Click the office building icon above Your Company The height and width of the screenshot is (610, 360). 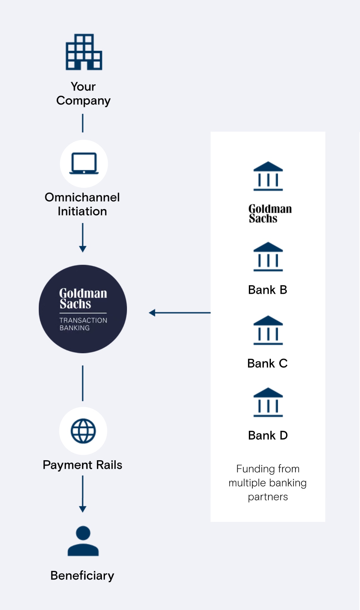[x=84, y=52]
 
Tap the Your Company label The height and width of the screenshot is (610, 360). [x=83, y=94]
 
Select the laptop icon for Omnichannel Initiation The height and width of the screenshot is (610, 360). [x=84, y=163]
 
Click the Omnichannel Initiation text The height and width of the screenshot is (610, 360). [x=82, y=204]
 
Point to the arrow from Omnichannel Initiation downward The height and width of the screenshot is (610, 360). [x=83, y=238]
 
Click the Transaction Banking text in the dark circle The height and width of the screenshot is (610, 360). [x=83, y=324]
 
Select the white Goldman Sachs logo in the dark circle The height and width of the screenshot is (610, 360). [x=83, y=298]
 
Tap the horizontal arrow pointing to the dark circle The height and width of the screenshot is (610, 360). [x=180, y=313]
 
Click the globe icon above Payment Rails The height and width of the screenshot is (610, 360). [x=83, y=431]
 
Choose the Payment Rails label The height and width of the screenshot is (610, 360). [x=83, y=465]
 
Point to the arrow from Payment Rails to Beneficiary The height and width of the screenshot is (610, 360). [x=83, y=494]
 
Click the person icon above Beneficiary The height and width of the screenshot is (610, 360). [x=83, y=541]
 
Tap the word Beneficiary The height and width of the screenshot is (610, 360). [x=82, y=576]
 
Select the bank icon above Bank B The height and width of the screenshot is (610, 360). [x=268, y=256]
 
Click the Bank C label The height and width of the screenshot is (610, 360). [x=268, y=363]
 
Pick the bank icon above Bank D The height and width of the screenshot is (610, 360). [x=268, y=402]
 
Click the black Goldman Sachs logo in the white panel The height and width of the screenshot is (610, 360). [x=270, y=214]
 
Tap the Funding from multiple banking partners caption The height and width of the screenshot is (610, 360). [x=268, y=483]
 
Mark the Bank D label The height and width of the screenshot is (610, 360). [x=268, y=435]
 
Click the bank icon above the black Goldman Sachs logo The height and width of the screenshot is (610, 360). [x=268, y=176]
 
